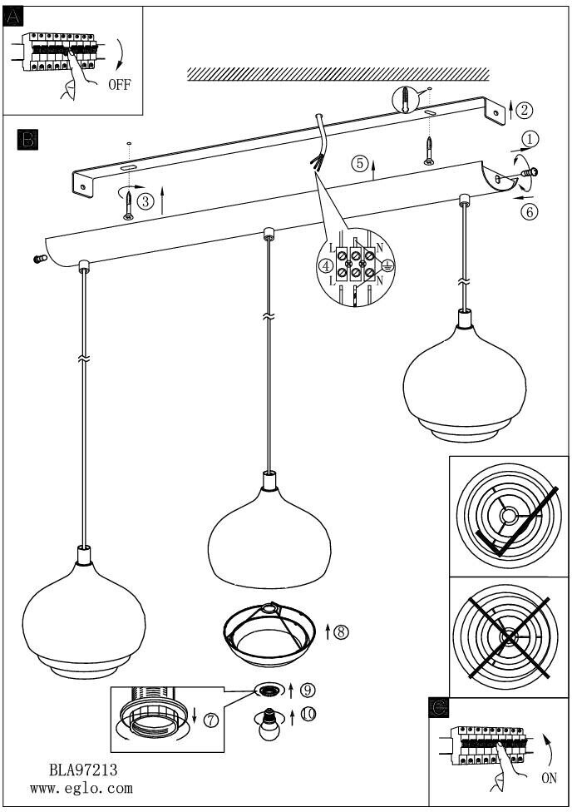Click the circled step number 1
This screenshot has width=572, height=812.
tap(530, 139)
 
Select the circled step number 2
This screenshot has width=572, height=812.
tap(525, 110)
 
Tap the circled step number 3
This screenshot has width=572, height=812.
tap(145, 201)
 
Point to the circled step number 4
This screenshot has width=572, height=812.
tap(326, 266)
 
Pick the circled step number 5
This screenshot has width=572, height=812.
tap(360, 164)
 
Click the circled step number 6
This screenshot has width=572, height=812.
tap(530, 212)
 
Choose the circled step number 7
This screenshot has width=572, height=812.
tap(210, 720)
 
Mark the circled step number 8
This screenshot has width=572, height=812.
tap(341, 631)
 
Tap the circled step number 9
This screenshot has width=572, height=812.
tap(308, 690)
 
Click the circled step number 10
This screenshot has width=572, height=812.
tap(308, 714)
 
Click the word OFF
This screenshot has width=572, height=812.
tap(120, 84)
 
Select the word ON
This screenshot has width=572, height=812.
tap(549, 778)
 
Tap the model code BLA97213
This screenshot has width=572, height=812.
tap(83, 770)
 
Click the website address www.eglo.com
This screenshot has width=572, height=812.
tap(81, 789)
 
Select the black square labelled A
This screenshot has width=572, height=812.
tap(13, 17)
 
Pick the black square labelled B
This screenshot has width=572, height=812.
tap(27, 139)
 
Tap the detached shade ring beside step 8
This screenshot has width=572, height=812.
tap(269, 634)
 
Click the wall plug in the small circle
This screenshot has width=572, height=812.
tap(406, 101)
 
